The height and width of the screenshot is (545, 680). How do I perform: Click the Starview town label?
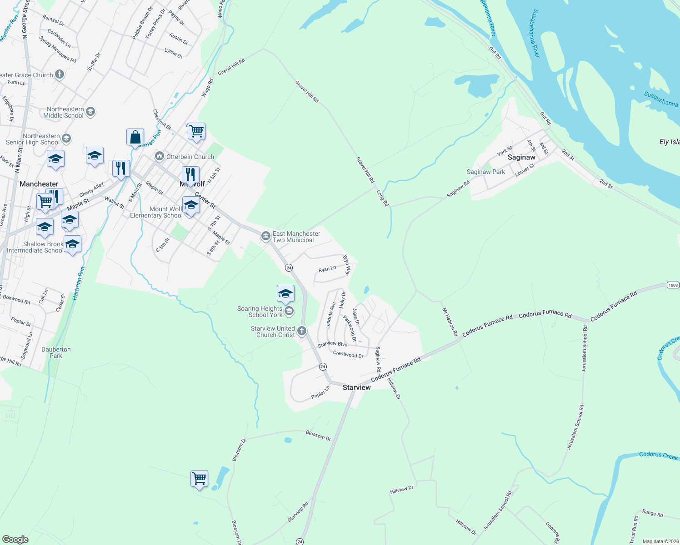coord(356,387)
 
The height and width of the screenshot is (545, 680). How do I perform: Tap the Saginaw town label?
coord(521,157)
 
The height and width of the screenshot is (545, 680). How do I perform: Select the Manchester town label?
coord(39,184)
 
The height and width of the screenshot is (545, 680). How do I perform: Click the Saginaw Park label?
coord(486,172)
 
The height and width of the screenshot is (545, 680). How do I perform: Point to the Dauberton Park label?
coord(56,352)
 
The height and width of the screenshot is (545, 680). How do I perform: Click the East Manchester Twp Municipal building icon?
coord(265,236)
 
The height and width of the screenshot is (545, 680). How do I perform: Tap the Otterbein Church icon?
coord(159,157)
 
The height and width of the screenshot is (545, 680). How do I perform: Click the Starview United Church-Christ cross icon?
coord(302,332)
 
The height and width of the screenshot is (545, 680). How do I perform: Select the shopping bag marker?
coord(135,137)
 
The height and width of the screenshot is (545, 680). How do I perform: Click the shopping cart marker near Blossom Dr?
coord(199,479)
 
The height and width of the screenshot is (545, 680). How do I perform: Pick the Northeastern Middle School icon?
coord(90,112)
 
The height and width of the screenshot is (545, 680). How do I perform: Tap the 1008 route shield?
coord(673,285)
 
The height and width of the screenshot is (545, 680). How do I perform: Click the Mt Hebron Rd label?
coord(450,322)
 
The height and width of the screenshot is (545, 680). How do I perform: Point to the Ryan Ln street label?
coord(327,269)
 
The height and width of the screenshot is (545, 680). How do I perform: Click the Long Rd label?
coord(383,198)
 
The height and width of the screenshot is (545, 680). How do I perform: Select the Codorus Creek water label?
coord(658,455)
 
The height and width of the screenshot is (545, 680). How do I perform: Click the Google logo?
coord(15,539)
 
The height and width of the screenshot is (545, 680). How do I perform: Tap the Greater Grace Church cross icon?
coord(59,74)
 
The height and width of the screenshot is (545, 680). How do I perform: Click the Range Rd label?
coord(652,513)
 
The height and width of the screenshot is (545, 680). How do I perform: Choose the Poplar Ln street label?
coord(320,392)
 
